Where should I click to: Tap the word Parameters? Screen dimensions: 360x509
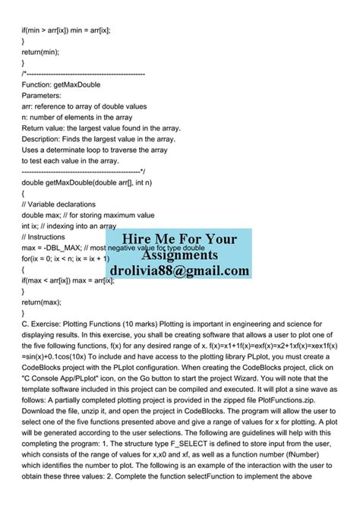46,96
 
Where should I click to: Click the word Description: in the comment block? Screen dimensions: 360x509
46,139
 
